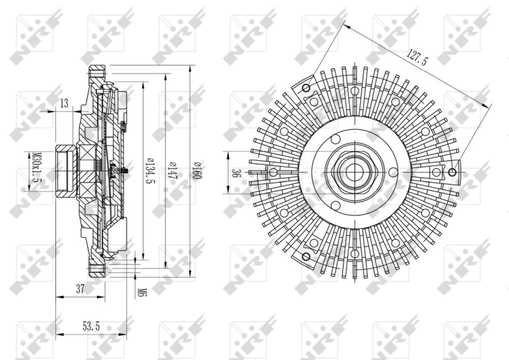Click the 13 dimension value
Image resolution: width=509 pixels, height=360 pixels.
pos(64,103)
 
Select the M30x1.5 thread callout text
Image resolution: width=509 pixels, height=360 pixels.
pos(38,167)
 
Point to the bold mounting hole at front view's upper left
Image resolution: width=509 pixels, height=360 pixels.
pos(306,88)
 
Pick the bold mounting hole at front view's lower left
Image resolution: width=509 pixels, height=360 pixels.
pos(306,257)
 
